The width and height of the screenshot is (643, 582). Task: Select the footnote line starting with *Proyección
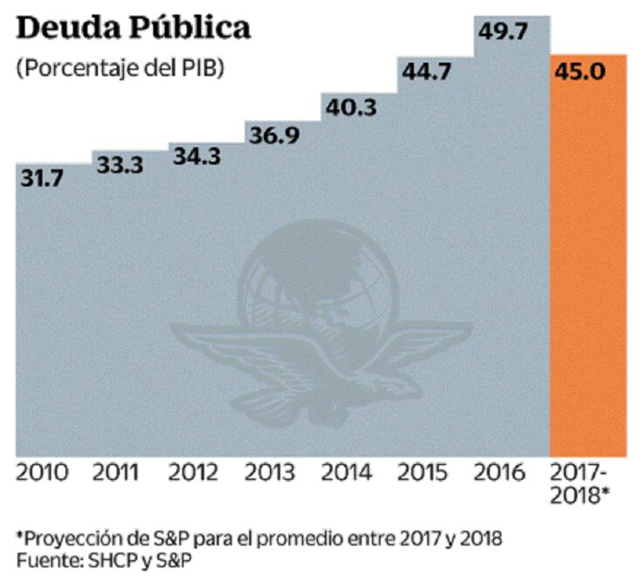tap(259, 535)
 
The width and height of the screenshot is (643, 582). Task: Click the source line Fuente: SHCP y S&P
tap(105, 557)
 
